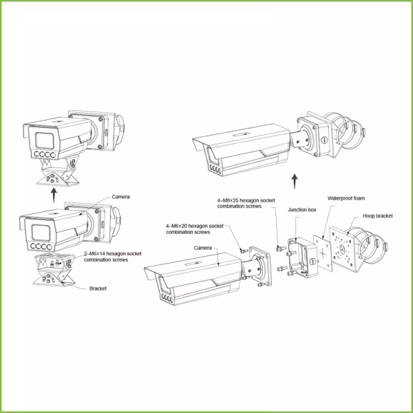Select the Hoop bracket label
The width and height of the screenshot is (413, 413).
pos(379,215)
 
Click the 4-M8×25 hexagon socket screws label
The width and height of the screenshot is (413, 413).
pos(240,203)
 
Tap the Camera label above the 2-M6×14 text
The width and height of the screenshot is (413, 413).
pos(121,197)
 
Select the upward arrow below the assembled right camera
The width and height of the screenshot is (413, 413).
pos(295,181)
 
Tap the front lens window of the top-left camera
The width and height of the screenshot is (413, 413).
pos(38,140)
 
